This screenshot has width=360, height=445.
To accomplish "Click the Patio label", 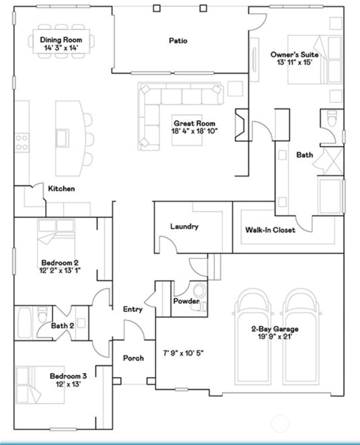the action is tap(178, 41).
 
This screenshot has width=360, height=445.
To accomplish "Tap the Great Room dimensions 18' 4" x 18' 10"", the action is tap(194, 131).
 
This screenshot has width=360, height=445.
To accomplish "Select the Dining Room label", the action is tap(61, 40).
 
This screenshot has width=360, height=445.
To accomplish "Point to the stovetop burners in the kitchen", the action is tap(22, 142).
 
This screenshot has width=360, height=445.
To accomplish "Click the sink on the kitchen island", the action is tap(62, 138).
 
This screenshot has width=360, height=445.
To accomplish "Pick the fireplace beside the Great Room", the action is tap(242, 125).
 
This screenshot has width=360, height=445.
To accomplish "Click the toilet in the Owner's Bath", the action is tap(332, 118).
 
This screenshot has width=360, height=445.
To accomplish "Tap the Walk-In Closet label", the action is tap(270, 230).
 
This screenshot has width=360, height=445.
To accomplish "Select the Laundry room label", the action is tap(184, 226).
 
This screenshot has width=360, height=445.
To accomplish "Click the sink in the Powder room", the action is tap(199, 290).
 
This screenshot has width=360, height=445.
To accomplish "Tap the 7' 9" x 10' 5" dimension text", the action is tap(183, 353).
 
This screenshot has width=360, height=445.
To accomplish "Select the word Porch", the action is tap(133, 358).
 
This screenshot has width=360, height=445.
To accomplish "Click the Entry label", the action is tap(133, 309).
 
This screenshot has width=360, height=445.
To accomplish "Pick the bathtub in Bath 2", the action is tap(24, 323).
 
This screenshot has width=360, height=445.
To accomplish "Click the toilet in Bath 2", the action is tap(42, 314).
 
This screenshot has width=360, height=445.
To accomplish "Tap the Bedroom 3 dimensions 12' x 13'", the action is tap(68, 384).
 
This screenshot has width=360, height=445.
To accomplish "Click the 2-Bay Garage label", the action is tap(275, 329).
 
